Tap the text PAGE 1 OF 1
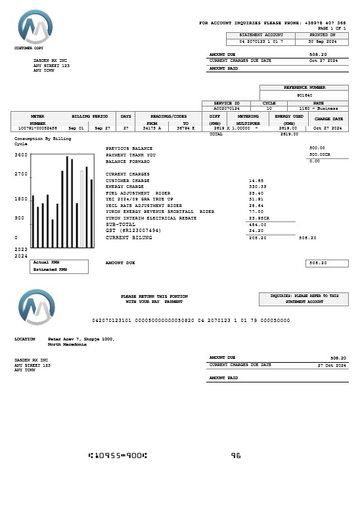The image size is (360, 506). [x=332, y=28]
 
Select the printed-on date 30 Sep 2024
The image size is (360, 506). [x=323, y=41]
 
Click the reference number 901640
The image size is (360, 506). [x=304, y=95]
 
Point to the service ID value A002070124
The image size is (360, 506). [x=227, y=108]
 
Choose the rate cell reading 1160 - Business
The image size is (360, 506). [x=318, y=108]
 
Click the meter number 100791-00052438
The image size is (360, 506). [x=37, y=128]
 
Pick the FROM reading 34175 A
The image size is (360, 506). [x=151, y=128]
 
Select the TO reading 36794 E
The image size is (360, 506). [x=186, y=128]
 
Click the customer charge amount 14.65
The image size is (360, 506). [x=256, y=180]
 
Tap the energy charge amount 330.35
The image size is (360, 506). [x=258, y=187]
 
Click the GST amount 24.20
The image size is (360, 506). [x=256, y=231]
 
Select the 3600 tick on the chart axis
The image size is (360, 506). [x=21, y=155]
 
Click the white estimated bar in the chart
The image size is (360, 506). [x=82, y=209]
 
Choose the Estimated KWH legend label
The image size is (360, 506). [x=50, y=269]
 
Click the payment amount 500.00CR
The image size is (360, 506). [x=320, y=154]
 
